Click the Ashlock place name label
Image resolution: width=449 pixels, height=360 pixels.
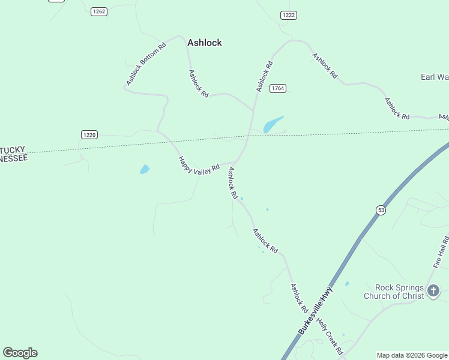pos(205,43)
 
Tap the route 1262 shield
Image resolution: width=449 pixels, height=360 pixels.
pos(99,11)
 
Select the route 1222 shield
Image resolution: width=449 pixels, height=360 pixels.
pos(289,15)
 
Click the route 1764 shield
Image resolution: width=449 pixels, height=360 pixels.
pos(277,88)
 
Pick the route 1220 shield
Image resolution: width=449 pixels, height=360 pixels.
pos(89,135)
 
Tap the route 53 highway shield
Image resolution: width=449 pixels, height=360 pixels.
pos(381,209)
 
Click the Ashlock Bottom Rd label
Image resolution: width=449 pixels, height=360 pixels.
pos(146,63)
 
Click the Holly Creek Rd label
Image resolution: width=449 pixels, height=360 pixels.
pos(330,337)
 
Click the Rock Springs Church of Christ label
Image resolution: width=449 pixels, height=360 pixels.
pos(394,292)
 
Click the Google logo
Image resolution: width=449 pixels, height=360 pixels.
pos(20,353)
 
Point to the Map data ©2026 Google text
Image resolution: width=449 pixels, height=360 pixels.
pos(412,355)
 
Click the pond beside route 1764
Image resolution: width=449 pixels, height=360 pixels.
pos(273,124)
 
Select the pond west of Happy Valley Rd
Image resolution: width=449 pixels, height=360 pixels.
pos(145,170)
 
